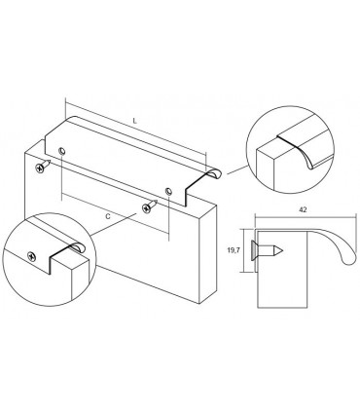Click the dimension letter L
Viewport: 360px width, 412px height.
(x=135, y=122)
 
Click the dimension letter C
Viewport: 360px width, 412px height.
(x=108, y=216)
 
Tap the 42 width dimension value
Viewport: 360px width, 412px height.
(x=303, y=209)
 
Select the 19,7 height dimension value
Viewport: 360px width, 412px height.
(x=233, y=250)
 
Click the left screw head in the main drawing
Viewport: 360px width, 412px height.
(x=40, y=169)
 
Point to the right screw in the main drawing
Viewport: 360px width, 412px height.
(x=150, y=206)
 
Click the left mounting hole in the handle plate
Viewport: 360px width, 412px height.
(x=61, y=151)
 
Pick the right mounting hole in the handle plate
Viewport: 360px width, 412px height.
(x=168, y=191)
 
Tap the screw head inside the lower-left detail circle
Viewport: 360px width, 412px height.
(x=31, y=256)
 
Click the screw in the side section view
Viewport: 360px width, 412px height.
(x=267, y=250)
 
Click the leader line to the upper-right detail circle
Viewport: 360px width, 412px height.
(x=237, y=169)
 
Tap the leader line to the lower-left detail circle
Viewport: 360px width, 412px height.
(x=113, y=224)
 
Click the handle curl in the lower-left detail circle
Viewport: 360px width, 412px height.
(x=77, y=247)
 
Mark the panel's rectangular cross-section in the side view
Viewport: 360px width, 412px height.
(x=282, y=269)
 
